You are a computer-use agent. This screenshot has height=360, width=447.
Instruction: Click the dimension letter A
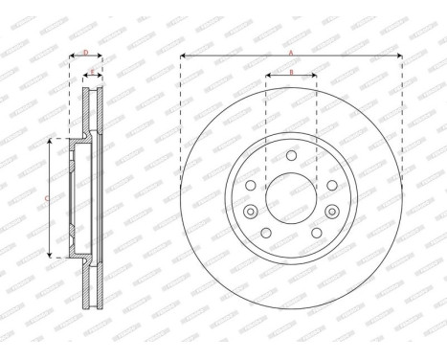pyautogui.click(x=291, y=53)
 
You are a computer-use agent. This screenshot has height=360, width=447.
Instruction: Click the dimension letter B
pyautogui.click(x=291, y=72)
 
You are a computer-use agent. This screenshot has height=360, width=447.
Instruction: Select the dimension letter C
pyautogui.click(x=48, y=198)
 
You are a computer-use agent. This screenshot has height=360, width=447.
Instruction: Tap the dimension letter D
pyautogui.click(x=85, y=53)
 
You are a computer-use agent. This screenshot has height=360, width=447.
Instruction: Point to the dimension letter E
pyautogui.click(x=92, y=70)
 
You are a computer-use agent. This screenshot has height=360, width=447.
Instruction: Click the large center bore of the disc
pyautogui.click(x=291, y=198)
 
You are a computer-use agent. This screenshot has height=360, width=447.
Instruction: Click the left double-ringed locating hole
pyautogui.click(x=250, y=213)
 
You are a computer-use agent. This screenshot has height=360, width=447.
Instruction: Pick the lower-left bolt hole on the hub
pyautogui.click(x=265, y=234)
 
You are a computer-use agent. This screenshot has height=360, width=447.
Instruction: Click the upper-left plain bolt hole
pyautogui.click(x=250, y=185)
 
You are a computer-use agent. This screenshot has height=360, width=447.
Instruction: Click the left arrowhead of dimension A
pyautogui.click(x=183, y=57)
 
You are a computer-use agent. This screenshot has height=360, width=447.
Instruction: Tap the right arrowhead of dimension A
pyautogui.click(x=400, y=57)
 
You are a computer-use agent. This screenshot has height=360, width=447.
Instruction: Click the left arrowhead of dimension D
pyautogui.click(x=72, y=57)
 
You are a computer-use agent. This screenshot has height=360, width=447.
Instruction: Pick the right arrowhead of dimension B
pyautogui.click(x=315, y=77)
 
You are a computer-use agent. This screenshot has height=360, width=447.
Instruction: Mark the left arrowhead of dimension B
pyautogui.click(x=267, y=77)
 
